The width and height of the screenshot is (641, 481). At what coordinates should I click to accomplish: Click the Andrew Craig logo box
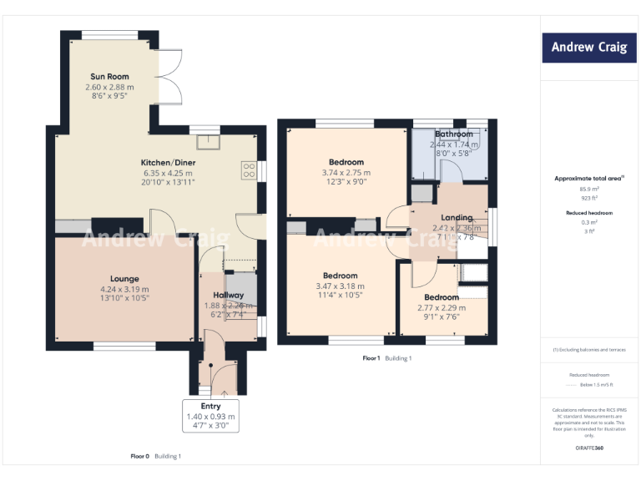tap(588, 48)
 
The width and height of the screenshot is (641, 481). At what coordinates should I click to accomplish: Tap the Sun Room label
tap(109, 77)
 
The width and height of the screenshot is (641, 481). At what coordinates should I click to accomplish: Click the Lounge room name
tap(124, 279)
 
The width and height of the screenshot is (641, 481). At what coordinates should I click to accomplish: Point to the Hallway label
tap(228, 295)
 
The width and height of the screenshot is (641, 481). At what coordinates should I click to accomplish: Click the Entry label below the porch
tap(210, 407)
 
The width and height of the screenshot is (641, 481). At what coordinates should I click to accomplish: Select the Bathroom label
tap(453, 134)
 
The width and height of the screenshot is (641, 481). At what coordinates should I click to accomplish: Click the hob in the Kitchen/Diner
tap(249, 170)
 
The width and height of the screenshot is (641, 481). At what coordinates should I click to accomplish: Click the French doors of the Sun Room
tap(169, 77)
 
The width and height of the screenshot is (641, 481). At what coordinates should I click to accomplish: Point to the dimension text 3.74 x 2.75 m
tap(346, 173)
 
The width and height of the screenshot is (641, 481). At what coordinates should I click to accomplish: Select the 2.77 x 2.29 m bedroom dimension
tap(441, 307)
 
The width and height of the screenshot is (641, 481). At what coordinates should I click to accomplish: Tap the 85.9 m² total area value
tap(589, 189)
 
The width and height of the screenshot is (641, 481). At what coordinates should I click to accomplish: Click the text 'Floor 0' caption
tap(140, 456)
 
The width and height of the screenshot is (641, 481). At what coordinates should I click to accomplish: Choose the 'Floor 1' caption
tap(371, 358)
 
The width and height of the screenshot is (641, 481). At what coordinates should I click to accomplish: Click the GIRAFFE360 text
tap(588, 448)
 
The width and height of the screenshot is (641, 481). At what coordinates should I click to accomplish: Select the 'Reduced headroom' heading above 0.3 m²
tap(589, 213)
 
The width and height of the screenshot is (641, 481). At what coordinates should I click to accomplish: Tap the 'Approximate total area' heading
tap(588, 178)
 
